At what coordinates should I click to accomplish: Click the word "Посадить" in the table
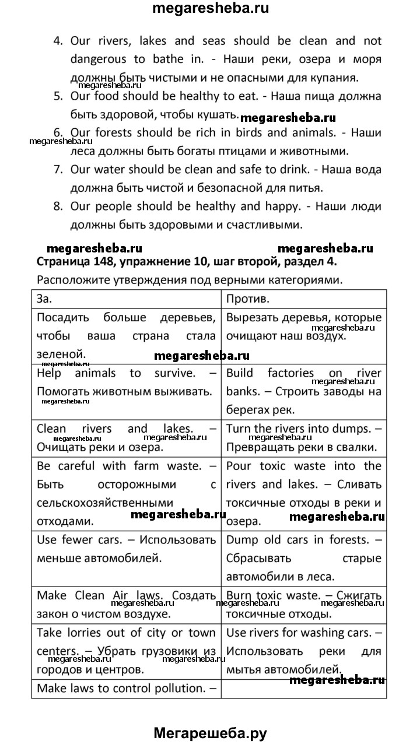coord(62,318)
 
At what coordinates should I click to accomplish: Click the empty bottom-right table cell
coord(304,688)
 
